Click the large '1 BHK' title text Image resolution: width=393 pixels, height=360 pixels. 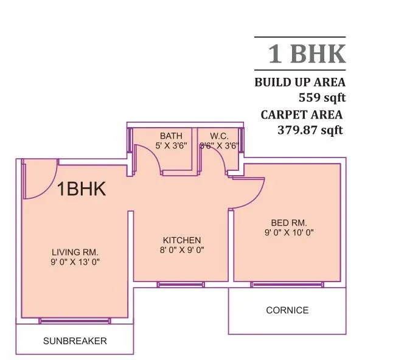307,54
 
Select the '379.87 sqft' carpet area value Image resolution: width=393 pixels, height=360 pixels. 310,129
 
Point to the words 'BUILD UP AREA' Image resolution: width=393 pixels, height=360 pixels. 299,82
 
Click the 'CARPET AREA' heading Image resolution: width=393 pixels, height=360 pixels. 302,114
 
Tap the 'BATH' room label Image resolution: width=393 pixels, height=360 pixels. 170,135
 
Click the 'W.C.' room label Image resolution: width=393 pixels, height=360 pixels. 219,135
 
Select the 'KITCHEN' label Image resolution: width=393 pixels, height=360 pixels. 181,240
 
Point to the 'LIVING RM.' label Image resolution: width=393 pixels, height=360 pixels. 75,252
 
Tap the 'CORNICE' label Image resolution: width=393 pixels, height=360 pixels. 287,310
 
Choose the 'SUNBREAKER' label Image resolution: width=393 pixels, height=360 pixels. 75,341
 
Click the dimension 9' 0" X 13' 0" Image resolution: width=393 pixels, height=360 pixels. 75,262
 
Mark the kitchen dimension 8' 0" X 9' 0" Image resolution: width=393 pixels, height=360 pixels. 181,250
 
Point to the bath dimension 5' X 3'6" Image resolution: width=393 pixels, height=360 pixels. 171,145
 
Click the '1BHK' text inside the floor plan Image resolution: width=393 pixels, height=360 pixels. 82,189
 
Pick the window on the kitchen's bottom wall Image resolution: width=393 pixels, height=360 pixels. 181,284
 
